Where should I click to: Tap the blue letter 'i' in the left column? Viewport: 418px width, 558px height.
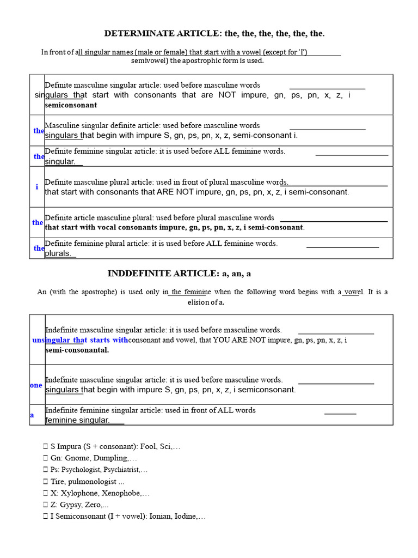(37, 187)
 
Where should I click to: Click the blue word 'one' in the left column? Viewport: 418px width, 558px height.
(36, 385)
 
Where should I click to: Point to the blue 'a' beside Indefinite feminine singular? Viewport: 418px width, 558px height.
(32, 415)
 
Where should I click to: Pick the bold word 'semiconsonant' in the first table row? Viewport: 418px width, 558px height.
(71, 105)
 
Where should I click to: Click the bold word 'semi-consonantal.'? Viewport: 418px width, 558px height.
(77, 350)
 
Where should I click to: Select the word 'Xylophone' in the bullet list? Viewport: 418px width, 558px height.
(79, 493)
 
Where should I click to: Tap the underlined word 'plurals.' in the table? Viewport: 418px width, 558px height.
(59, 253)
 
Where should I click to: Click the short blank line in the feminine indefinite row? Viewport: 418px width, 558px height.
(340, 414)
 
